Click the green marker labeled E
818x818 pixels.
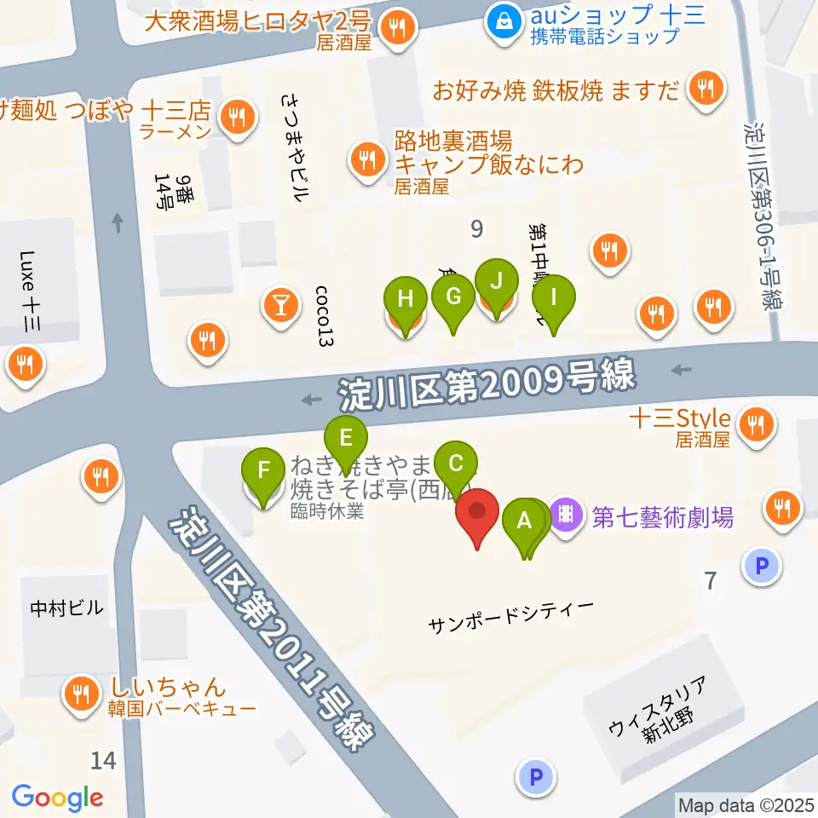click(346, 441)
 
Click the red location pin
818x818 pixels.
click(477, 514)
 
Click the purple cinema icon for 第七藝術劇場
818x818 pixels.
click(566, 515)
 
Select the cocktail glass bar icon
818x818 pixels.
click(280, 302)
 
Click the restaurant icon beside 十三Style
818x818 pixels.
click(755, 423)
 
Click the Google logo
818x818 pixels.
click(58, 798)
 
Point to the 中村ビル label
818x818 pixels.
click(66, 608)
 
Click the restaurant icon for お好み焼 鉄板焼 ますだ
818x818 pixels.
click(705, 88)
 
